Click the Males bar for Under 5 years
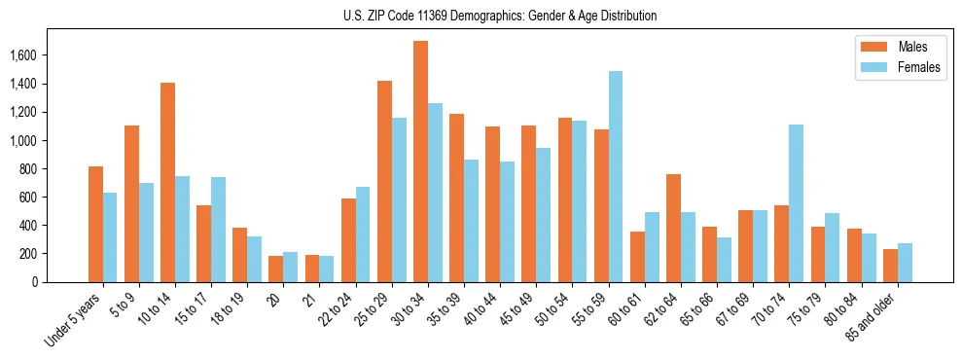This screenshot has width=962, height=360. (95, 224)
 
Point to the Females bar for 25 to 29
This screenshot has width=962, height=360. (399, 199)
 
